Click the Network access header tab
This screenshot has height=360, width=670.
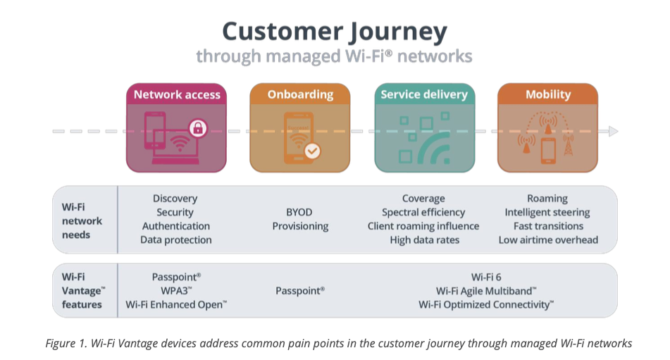[177, 94]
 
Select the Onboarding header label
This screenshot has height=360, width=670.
[300, 94]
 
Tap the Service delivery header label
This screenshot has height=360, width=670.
[424, 94]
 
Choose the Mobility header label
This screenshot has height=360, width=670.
[547, 94]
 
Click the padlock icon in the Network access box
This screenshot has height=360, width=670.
[199, 128]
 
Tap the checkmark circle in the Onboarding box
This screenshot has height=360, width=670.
[311, 150]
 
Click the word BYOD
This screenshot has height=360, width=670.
[300, 212]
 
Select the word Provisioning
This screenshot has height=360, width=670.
[300, 226]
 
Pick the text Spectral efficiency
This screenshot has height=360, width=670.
[423, 212]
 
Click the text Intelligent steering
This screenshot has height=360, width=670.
[547, 212]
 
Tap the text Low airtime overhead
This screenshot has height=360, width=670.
[547, 240]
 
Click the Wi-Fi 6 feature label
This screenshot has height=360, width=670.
[486, 277]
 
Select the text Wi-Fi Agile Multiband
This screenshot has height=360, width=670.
[486, 290]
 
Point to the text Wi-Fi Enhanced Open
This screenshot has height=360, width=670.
[176, 304]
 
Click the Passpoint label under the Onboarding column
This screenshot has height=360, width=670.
[300, 290]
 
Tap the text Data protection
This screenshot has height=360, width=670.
[176, 240]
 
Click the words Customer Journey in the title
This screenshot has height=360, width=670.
[335, 32]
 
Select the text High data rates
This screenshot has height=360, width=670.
[424, 240]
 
